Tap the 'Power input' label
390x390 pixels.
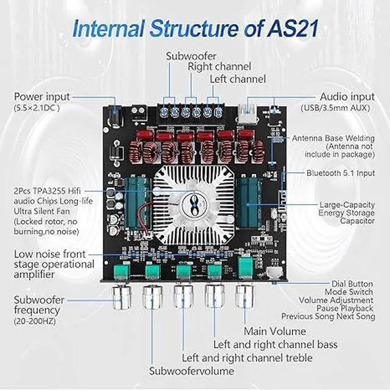tap(41, 97)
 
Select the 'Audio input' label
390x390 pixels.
tap(346, 97)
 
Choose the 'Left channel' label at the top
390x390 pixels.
tap(238, 79)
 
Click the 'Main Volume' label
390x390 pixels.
tap(275, 331)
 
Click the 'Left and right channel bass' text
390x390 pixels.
tap(275, 345)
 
